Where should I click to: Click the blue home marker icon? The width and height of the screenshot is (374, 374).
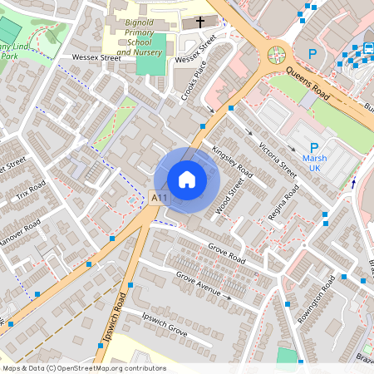click(x=187, y=179)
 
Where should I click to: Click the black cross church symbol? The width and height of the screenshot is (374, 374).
click(x=199, y=22)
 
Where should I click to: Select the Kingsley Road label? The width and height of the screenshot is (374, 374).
click(x=232, y=160)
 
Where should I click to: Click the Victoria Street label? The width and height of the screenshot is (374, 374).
click(x=278, y=159)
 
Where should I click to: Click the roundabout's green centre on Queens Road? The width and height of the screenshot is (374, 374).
click(x=274, y=56)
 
